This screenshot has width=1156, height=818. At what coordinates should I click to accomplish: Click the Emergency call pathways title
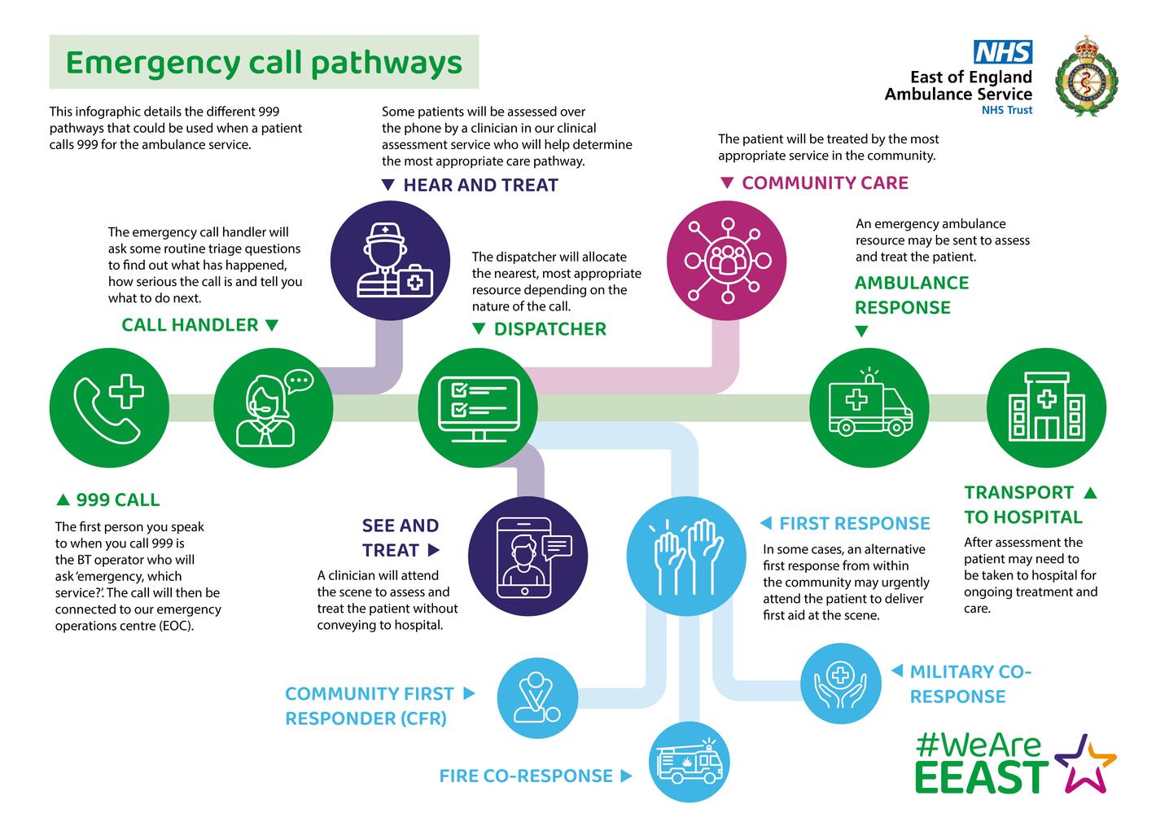264,63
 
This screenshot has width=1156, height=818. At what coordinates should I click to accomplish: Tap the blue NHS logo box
1003,52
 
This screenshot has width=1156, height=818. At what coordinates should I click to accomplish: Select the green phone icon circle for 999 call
109,407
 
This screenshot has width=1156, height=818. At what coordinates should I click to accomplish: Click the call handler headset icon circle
273,407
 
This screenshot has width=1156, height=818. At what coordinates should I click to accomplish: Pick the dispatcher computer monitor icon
478,407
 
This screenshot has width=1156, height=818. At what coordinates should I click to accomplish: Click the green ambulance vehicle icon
869,407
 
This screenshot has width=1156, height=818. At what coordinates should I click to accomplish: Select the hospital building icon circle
1046,407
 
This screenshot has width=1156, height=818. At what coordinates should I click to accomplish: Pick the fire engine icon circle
689,763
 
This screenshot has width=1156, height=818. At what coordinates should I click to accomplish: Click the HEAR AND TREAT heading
480,185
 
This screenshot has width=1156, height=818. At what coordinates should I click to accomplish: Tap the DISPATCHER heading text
550,329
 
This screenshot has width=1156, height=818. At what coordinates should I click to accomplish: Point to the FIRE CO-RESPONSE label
526,776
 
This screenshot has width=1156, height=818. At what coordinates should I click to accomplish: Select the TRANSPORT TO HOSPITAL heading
1022,504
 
